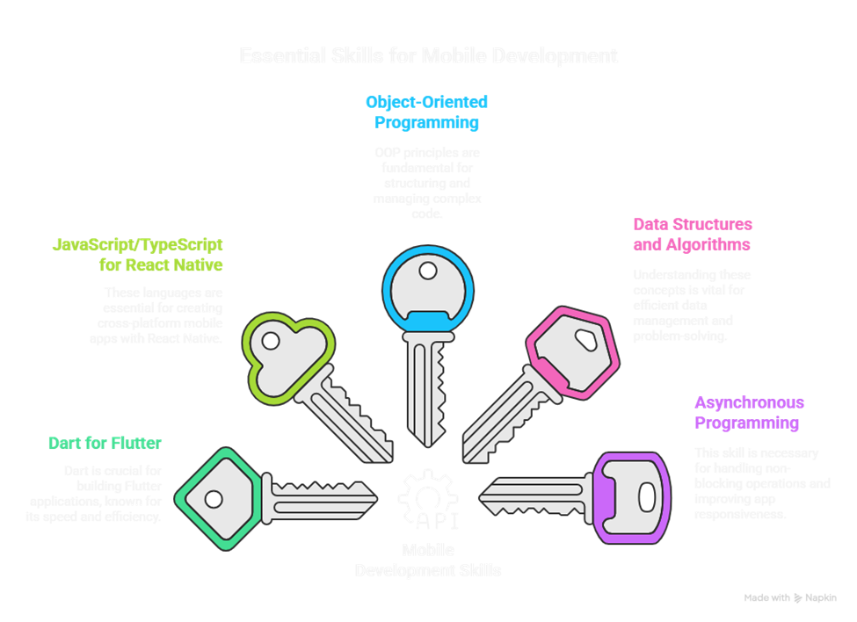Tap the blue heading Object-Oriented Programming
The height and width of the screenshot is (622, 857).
tap(426, 112)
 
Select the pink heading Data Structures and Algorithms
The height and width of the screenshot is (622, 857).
tap(693, 235)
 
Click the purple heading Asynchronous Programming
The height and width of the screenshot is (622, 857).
tap(749, 413)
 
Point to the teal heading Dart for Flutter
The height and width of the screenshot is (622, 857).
tap(105, 444)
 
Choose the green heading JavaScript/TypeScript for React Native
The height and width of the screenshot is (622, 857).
tap(137, 255)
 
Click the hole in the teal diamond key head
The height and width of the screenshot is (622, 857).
tap(214, 499)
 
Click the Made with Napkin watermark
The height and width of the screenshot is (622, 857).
tap(789, 597)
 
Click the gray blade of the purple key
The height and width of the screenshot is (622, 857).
tap(536, 492)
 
